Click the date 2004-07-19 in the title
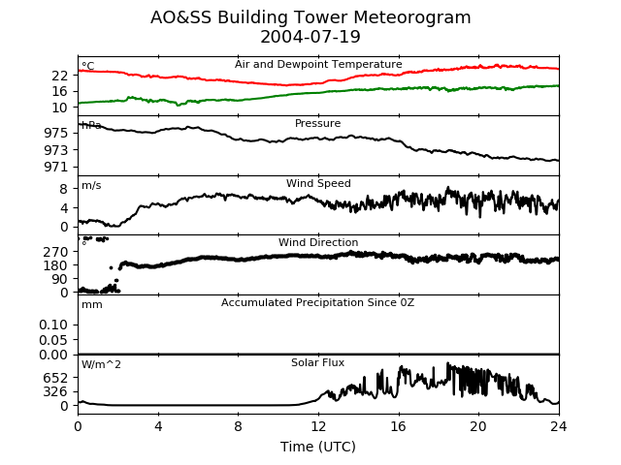click(x=310, y=37)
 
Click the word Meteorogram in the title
click(x=411, y=17)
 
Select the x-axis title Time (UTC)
click(x=318, y=447)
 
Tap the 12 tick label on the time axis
click(x=318, y=426)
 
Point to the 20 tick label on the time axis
click(x=478, y=426)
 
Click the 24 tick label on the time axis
click(x=559, y=426)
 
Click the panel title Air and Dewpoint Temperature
click(x=318, y=64)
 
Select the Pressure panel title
click(x=317, y=123)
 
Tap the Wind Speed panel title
click(x=318, y=183)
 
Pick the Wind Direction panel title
click(x=318, y=242)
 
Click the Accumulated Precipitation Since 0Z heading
click(x=317, y=303)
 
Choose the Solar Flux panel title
click(x=317, y=362)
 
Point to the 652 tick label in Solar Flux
click(x=55, y=378)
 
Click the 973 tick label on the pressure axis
click(x=56, y=150)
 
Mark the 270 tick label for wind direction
click(x=55, y=252)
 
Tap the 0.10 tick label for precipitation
click(x=53, y=325)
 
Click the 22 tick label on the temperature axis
click(x=60, y=76)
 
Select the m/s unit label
click(x=91, y=185)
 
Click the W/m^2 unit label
click(x=101, y=364)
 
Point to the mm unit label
click(x=92, y=305)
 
